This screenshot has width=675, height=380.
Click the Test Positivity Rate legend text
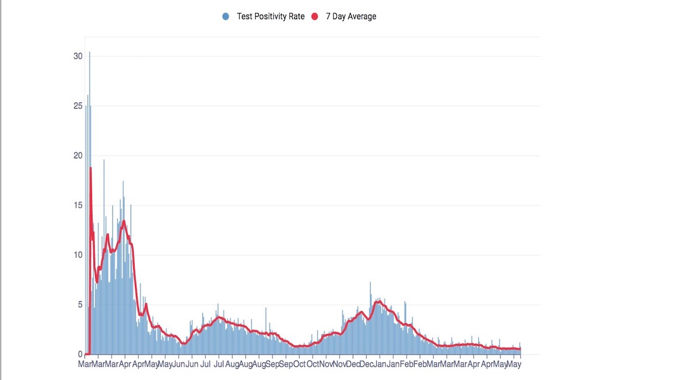271,17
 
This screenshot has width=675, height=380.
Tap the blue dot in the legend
226,17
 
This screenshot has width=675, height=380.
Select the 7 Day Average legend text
351,17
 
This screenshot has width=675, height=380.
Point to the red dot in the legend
314,17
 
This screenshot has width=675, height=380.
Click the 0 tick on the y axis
80,354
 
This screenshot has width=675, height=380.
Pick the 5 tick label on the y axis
80,305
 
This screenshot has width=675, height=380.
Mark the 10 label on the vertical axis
78,255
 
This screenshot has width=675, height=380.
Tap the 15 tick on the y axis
78,205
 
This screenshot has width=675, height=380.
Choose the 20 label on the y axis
78,156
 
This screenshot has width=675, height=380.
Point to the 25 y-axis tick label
78,106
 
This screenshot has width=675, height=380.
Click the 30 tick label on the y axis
78,56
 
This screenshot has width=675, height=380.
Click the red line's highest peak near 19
90,168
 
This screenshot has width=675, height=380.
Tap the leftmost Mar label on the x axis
85,365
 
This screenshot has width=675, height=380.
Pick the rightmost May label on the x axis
514,365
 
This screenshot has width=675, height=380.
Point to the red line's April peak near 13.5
124,221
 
